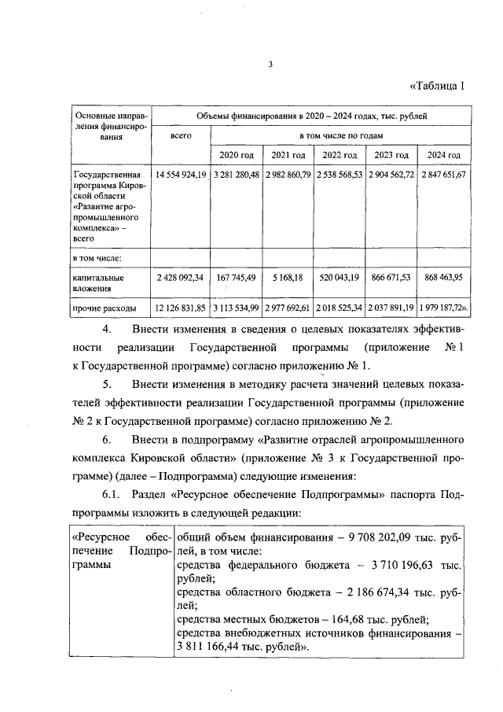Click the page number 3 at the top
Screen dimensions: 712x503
pos(269,65)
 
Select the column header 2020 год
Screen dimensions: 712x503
pos(236,155)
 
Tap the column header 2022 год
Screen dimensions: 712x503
pos(340,155)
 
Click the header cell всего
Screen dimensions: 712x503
pos(181,135)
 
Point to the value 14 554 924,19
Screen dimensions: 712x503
pos(181,174)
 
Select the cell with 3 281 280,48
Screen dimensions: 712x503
pos(236,174)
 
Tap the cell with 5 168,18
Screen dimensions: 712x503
pos(288,278)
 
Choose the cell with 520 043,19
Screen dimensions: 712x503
pos(340,278)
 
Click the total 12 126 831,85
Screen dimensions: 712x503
pos(181,307)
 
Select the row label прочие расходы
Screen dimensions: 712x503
pos(104,307)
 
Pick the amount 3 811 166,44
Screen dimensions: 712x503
pos(212,647)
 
